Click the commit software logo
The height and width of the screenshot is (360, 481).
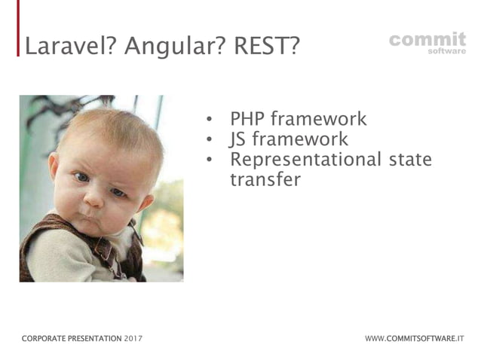click(x=427, y=43)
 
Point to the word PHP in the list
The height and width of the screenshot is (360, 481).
click(x=247, y=118)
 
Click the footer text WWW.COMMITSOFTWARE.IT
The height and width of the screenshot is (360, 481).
click(x=415, y=339)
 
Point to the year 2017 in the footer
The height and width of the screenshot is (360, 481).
click(x=133, y=339)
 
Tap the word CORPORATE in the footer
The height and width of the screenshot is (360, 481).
click(x=44, y=339)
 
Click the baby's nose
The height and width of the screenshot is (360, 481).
click(x=93, y=197)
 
